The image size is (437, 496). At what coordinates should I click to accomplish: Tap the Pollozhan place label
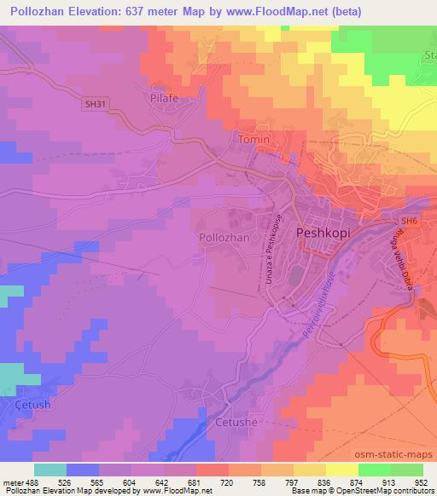pyautogui.click(x=224, y=238)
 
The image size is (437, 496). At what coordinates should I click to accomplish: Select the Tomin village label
pyautogui.click(x=254, y=140)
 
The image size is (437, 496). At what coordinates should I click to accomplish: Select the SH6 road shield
pyautogui.click(x=411, y=222)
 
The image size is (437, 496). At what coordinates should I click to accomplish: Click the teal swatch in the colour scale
pyautogui.click(x=50, y=470)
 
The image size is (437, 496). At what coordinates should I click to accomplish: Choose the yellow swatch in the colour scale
pyautogui.click(x=342, y=470)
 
